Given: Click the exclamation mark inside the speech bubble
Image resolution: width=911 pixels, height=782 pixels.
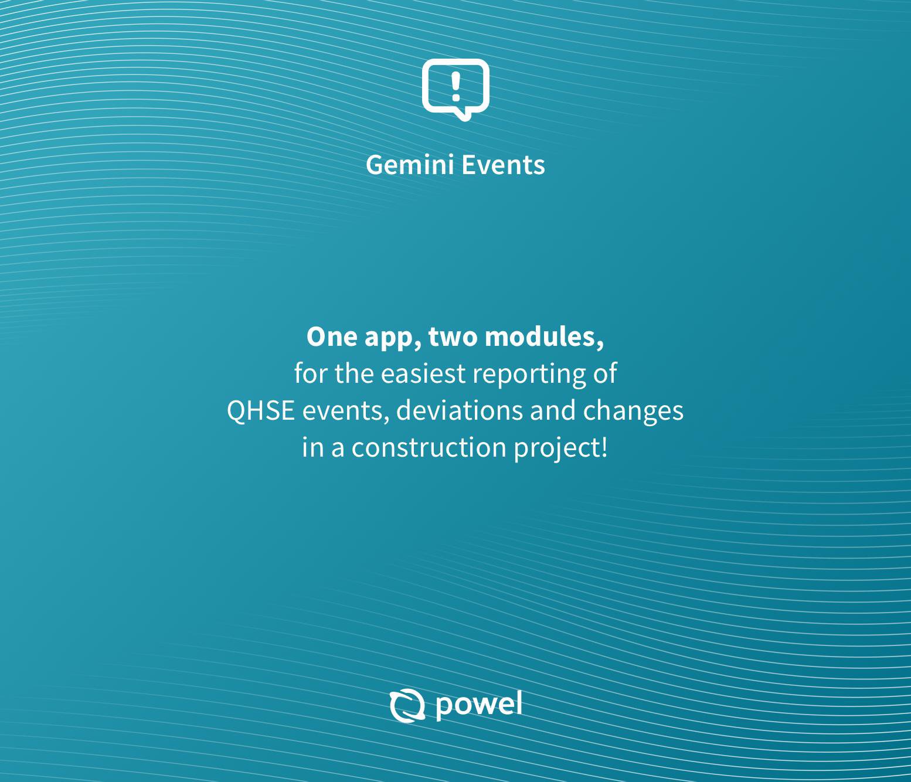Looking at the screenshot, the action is [x=455, y=87].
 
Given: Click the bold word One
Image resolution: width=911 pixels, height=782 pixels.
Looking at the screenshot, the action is [x=332, y=337].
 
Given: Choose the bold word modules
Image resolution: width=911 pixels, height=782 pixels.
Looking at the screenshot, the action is [x=544, y=337].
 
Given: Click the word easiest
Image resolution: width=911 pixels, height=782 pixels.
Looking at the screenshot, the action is [x=423, y=373].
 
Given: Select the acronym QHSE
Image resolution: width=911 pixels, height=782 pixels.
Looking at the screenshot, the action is [x=260, y=410].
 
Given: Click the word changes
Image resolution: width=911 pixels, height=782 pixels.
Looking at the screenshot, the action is [x=633, y=412].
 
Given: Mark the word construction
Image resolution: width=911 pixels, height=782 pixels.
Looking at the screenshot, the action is [x=429, y=447].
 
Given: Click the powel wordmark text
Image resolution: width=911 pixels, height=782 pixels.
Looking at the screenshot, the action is [x=479, y=705].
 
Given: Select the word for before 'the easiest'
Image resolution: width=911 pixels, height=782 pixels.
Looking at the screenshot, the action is [x=311, y=373].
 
